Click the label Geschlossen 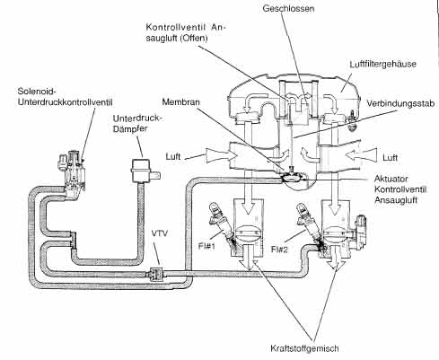pyautogui.click(x=288, y=8)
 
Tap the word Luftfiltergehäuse pyautogui.click(x=382, y=64)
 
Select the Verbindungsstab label pyautogui.click(x=400, y=103)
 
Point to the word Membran pyautogui.click(x=180, y=101)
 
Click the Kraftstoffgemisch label pyautogui.click(x=304, y=348)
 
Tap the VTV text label pyautogui.click(x=160, y=233)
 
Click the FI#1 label pyautogui.click(x=206, y=246)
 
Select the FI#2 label pyautogui.click(x=279, y=249)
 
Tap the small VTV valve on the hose pyautogui.click(x=156, y=274)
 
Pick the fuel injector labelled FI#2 pyautogui.click(x=308, y=223)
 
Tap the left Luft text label pyautogui.click(x=173, y=157)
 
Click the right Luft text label pyautogui.click(x=391, y=158)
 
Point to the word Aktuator pyautogui.click(x=391, y=179)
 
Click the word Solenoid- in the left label pyautogui.click(x=37, y=91)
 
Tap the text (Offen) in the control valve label pyautogui.click(x=194, y=39)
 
